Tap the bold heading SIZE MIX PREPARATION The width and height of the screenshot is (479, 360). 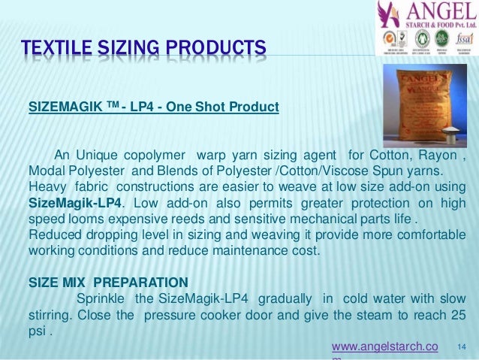click(108, 282)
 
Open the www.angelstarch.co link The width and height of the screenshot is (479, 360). click(384, 346)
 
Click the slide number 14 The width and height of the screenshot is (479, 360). click(461, 346)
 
